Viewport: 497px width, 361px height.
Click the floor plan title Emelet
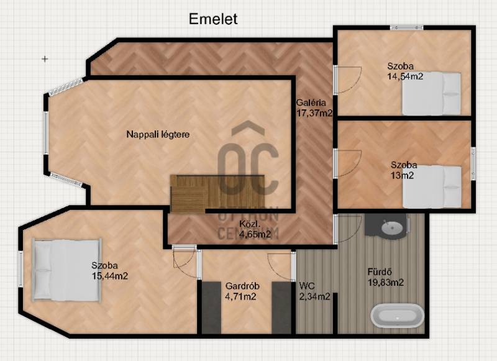click(x=213, y=19)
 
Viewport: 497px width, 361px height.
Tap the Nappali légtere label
click(x=158, y=134)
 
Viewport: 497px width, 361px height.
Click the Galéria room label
click(x=311, y=103)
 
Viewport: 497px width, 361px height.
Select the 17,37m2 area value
click(x=314, y=113)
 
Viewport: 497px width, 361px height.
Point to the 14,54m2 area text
click(x=405, y=76)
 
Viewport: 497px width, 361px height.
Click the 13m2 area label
click(x=402, y=175)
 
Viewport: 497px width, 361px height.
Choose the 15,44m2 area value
click(x=110, y=276)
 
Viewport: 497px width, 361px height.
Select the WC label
click(x=307, y=286)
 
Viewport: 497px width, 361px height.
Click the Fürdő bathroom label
click(x=380, y=272)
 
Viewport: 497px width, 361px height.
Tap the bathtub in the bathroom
click(x=398, y=316)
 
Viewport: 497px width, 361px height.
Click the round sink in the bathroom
click(x=392, y=227)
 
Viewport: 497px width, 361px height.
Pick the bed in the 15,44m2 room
click(x=67, y=270)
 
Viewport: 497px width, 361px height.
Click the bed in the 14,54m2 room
click(x=431, y=93)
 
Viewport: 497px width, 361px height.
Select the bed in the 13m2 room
click(x=432, y=186)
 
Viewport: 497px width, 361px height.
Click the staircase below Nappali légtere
click(x=217, y=193)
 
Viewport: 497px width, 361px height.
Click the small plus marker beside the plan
click(x=45, y=58)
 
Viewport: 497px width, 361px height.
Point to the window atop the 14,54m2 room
click(x=407, y=27)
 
